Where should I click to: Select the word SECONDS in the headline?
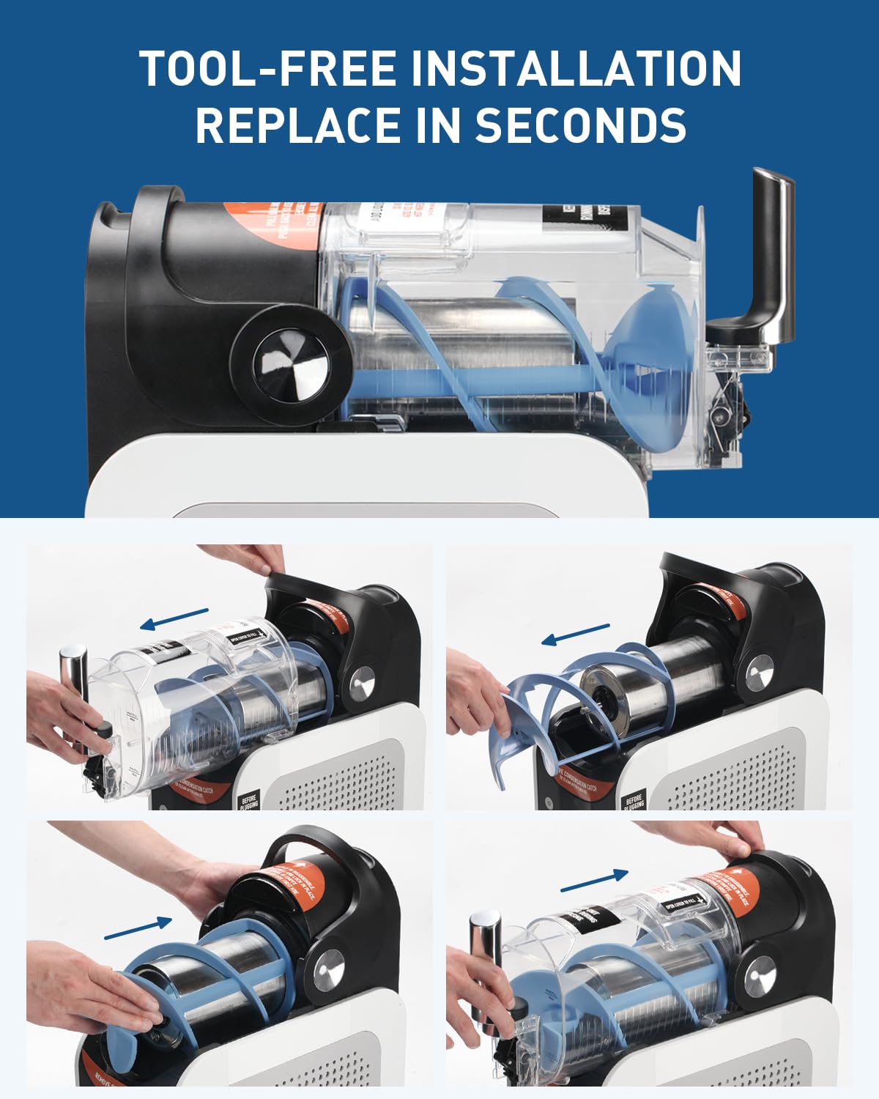[581, 125]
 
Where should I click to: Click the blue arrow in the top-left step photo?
[174, 619]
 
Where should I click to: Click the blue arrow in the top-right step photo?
[575, 634]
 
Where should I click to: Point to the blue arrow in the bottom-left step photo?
[138, 928]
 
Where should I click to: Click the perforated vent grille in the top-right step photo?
[732, 769]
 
